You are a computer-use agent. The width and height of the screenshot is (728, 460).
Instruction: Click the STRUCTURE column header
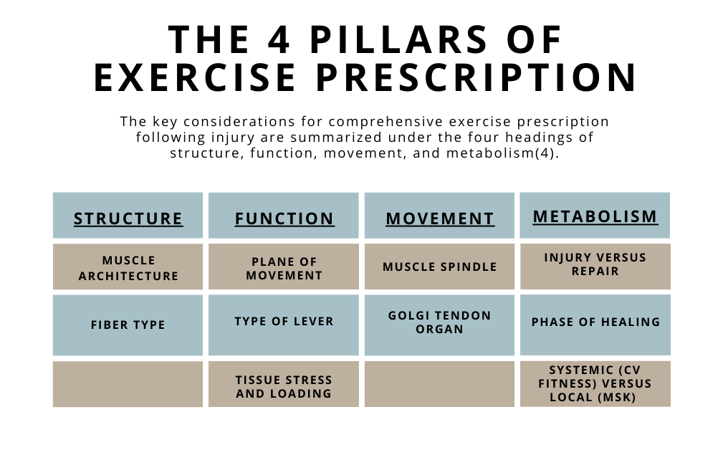(128, 218)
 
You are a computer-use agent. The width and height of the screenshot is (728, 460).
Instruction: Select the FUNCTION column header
(284, 218)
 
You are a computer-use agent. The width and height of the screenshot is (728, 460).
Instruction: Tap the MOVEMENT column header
(440, 218)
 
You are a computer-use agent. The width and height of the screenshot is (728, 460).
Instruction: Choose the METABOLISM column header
(595, 216)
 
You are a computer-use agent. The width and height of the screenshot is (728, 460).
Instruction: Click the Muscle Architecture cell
(128, 268)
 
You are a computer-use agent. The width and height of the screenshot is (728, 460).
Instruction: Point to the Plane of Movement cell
(284, 268)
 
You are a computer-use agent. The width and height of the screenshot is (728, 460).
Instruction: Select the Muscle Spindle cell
(440, 267)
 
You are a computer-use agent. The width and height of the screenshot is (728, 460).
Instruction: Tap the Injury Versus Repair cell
(595, 264)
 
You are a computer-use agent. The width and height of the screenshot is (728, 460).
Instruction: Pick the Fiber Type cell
(128, 325)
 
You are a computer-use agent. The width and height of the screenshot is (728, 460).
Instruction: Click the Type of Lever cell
(284, 321)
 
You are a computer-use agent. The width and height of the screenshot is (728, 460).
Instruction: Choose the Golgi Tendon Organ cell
(440, 322)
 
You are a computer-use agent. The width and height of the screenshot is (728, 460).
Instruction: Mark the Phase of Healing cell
(595, 322)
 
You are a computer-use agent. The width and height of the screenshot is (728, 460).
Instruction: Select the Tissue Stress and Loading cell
(284, 386)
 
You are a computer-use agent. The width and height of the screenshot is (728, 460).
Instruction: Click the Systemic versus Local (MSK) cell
(595, 383)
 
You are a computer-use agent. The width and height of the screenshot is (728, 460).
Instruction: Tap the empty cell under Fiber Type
(128, 384)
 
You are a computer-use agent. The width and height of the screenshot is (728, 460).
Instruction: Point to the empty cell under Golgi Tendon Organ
(440, 384)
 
